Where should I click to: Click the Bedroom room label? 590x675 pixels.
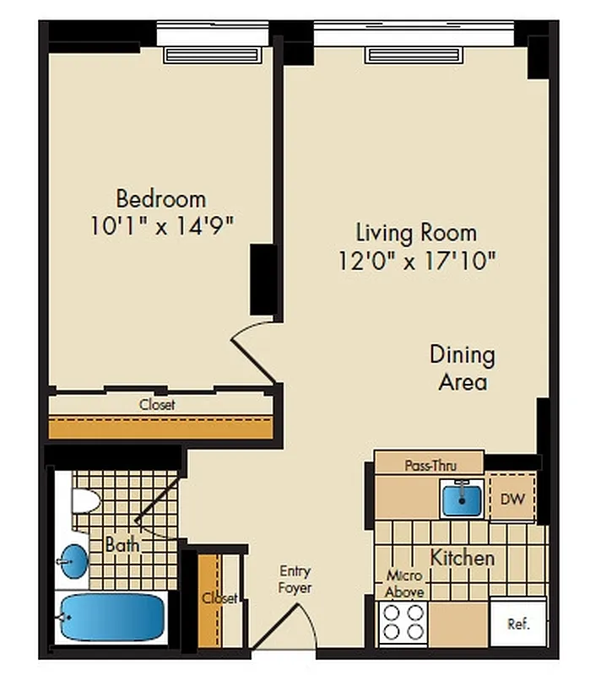(160, 199)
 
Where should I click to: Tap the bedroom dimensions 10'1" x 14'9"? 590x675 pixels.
(160, 226)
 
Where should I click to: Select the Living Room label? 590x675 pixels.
(415, 232)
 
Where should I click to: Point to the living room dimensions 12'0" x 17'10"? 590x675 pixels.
(415, 259)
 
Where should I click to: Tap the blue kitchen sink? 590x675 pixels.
(463, 498)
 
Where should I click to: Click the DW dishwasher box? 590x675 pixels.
(512, 499)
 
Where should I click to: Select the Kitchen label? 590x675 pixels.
(462, 558)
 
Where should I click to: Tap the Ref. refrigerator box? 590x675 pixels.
(517, 624)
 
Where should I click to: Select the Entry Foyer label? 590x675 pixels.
(295, 580)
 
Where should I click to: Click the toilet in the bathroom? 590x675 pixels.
(85, 500)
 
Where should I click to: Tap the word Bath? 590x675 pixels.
(122, 545)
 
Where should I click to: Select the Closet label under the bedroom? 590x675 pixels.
(158, 405)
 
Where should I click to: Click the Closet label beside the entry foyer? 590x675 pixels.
(219, 598)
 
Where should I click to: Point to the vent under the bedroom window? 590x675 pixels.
(211, 56)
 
